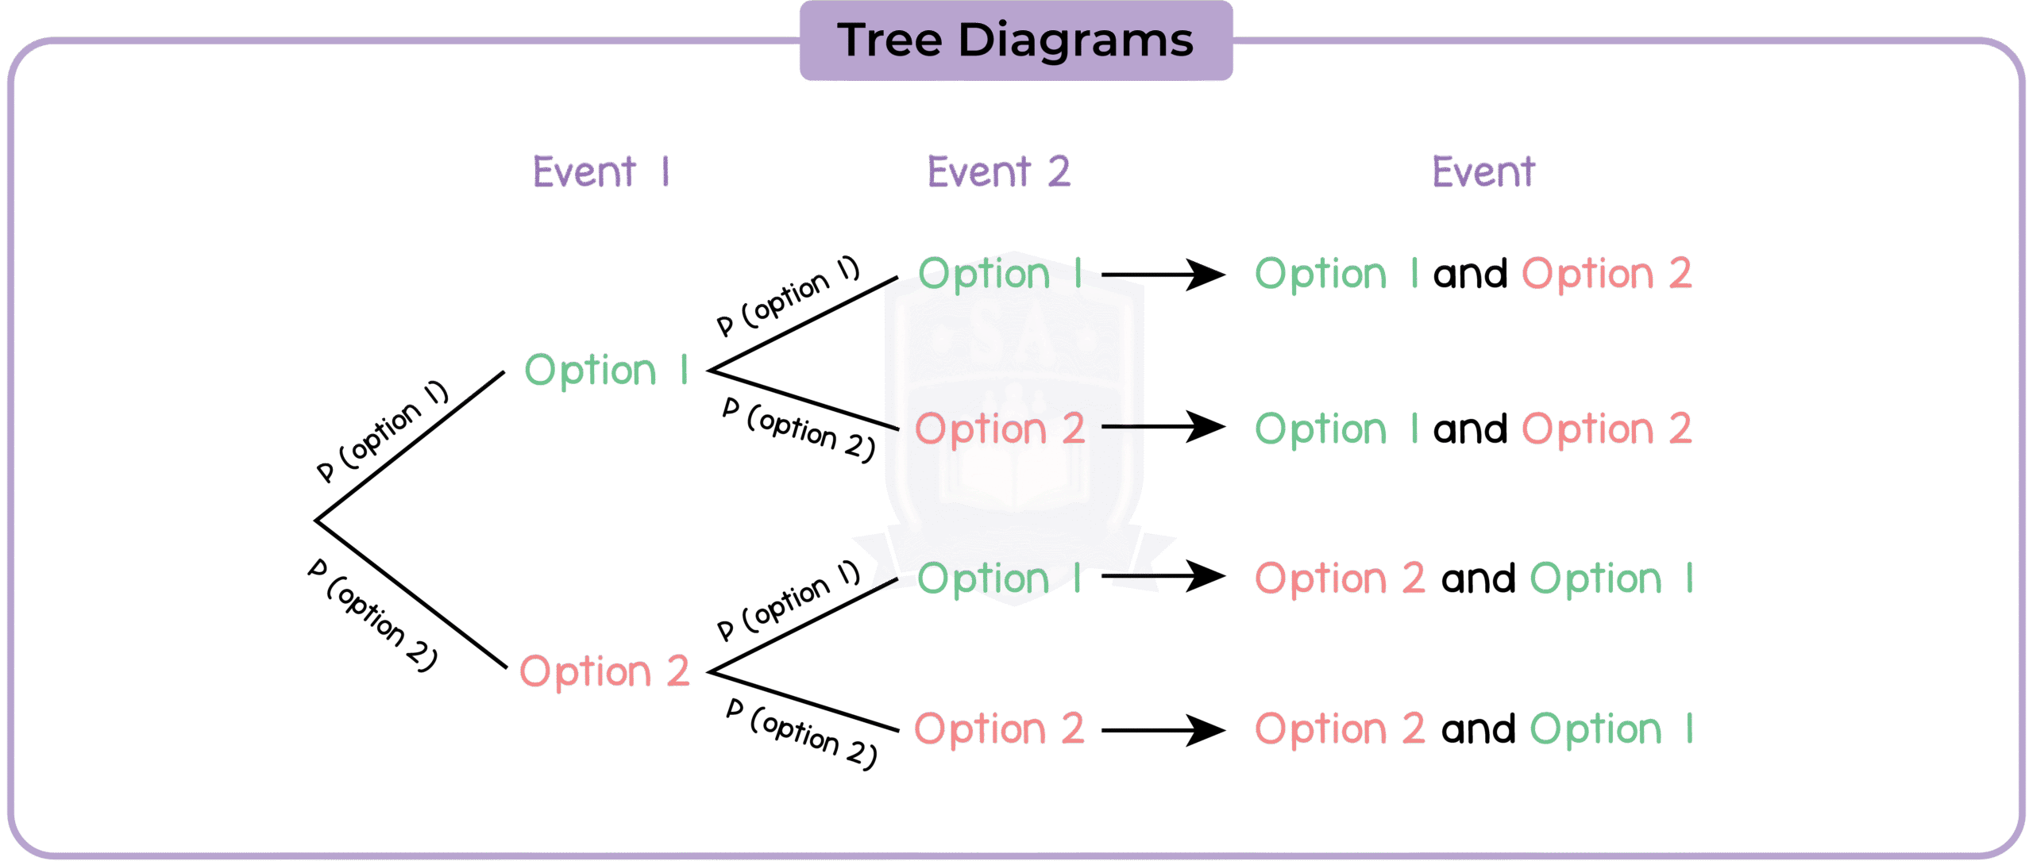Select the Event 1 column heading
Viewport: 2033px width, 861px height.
coord(601,171)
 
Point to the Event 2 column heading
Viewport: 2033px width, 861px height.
coord(999,171)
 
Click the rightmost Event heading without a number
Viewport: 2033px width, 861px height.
coord(1483,171)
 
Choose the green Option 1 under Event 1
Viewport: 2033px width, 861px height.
coord(606,370)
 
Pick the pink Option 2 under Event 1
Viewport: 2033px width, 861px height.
coord(604,671)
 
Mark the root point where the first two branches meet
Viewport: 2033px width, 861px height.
coord(317,521)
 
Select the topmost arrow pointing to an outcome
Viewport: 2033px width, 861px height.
coord(1163,275)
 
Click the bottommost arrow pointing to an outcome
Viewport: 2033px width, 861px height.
coord(1163,730)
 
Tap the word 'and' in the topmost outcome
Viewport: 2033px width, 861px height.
coord(1470,275)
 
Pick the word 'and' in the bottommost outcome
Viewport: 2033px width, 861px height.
coord(1478,730)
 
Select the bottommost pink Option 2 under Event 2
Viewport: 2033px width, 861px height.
coord(999,728)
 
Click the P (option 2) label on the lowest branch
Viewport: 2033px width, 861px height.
coord(802,733)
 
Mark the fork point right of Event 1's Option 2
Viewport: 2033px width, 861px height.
coord(709,671)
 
